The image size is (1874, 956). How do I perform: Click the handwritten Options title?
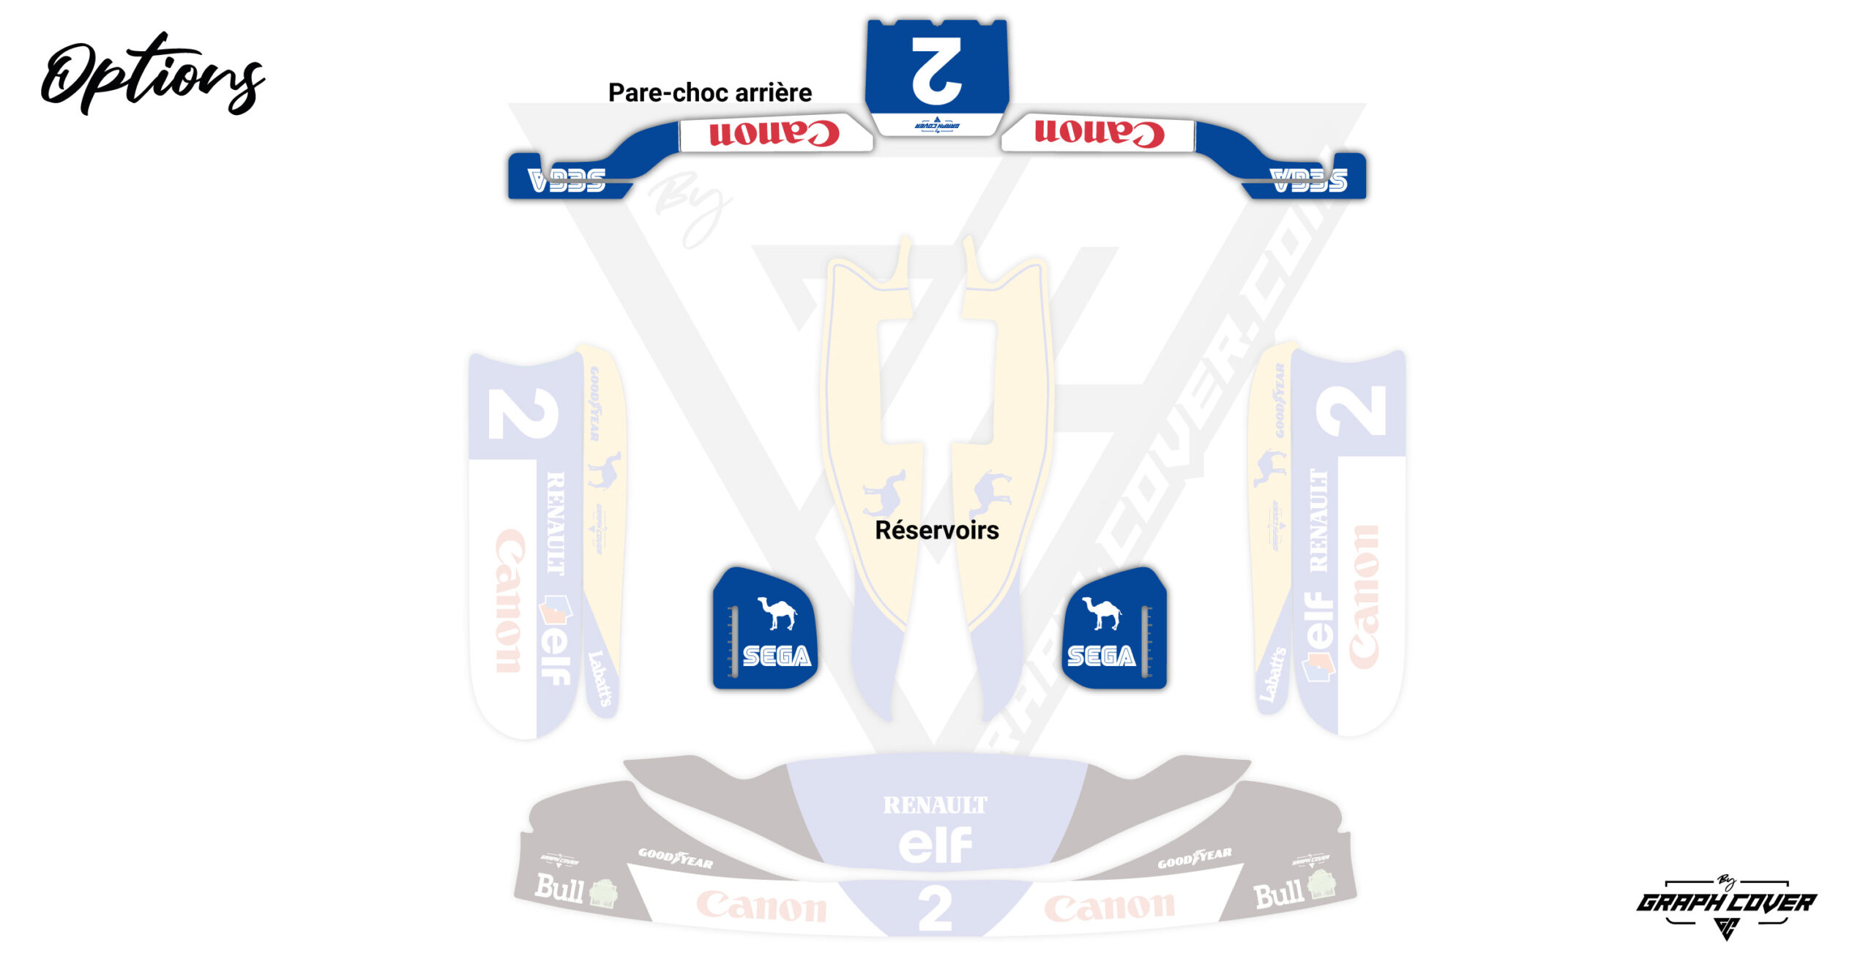point(152,73)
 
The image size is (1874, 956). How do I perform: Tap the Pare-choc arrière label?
point(709,93)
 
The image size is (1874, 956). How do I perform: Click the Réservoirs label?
point(936,530)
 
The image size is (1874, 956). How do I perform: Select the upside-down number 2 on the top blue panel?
point(936,70)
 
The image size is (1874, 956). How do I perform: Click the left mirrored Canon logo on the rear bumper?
point(774,133)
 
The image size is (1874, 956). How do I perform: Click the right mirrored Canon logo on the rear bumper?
point(1099,133)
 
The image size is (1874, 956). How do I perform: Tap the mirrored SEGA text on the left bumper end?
point(567,180)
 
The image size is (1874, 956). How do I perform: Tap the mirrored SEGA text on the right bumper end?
point(1309,180)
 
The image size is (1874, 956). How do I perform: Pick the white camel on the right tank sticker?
point(1102,613)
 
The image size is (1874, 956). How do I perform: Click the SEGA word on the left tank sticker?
point(777,656)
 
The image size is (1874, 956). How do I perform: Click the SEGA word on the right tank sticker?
point(1101,656)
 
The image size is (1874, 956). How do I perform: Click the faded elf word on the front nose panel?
point(935,845)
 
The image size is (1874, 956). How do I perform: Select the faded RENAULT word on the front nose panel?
point(935,805)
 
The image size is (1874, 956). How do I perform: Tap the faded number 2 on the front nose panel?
point(935,908)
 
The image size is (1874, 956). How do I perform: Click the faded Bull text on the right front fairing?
point(1278,895)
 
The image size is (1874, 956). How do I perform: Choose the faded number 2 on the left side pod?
point(523,414)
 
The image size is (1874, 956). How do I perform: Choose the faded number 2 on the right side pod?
point(1351,411)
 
